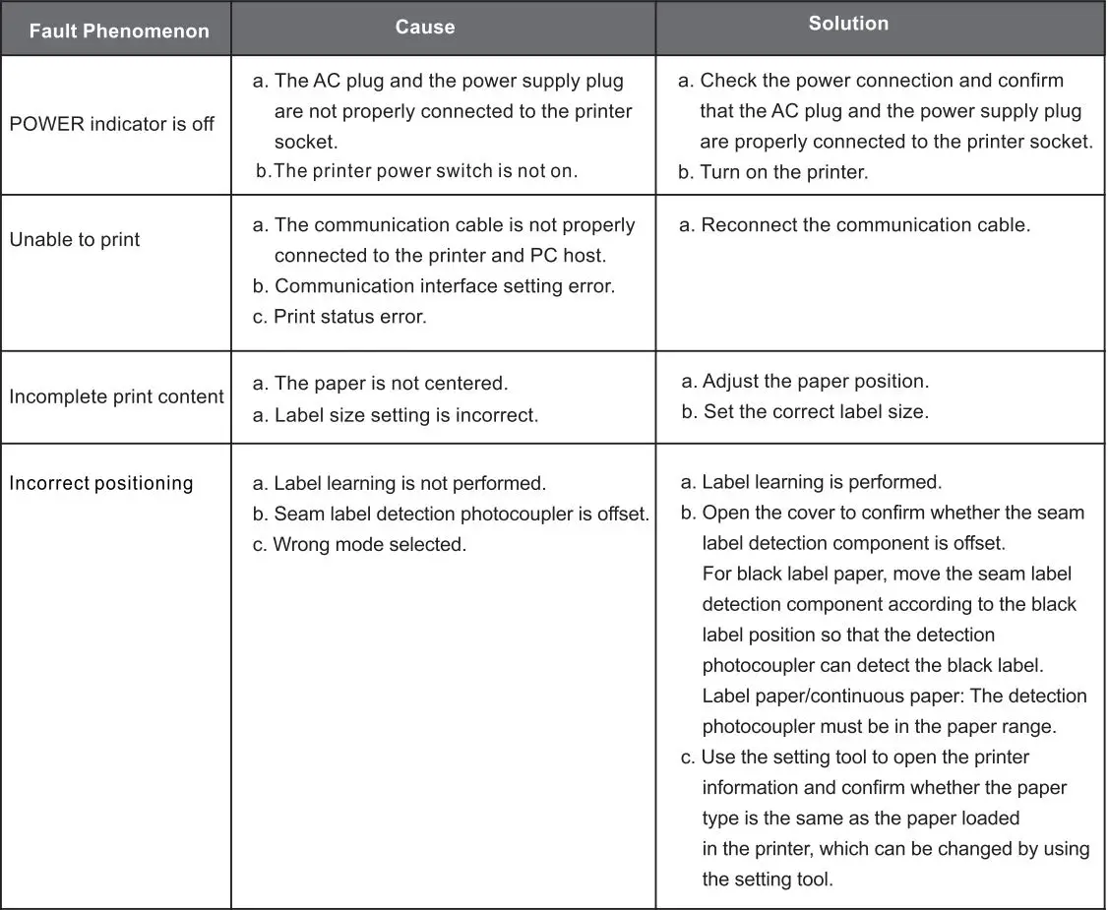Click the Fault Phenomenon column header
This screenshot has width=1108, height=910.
click(x=119, y=30)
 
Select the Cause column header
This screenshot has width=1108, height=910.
click(x=425, y=28)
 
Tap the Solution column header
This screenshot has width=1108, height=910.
click(x=848, y=24)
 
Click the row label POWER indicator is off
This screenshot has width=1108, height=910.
click(x=112, y=125)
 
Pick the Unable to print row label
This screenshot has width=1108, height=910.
click(x=75, y=240)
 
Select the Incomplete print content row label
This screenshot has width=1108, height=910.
click(x=117, y=397)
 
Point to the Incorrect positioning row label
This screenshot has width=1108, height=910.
click(x=101, y=484)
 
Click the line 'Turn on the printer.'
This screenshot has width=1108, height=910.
click(x=783, y=172)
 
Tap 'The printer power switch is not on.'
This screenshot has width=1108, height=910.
click(x=424, y=171)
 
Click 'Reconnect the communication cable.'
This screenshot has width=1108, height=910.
click(x=865, y=225)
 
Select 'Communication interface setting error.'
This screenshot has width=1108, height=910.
click(x=444, y=286)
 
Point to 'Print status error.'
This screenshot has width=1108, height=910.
click(x=349, y=318)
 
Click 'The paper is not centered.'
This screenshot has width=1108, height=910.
click(x=391, y=384)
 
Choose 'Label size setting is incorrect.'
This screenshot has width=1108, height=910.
click(x=405, y=415)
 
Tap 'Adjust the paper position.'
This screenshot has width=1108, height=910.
click(x=815, y=382)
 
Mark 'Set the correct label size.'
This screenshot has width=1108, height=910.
click(x=815, y=412)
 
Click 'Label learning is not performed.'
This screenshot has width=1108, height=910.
click(x=409, y=484)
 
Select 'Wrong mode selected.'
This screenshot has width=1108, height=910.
click(x=369, y=545)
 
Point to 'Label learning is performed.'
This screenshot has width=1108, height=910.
click(x=822, y=483)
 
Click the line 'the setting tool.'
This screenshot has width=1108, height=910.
click(x=768, y=880)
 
